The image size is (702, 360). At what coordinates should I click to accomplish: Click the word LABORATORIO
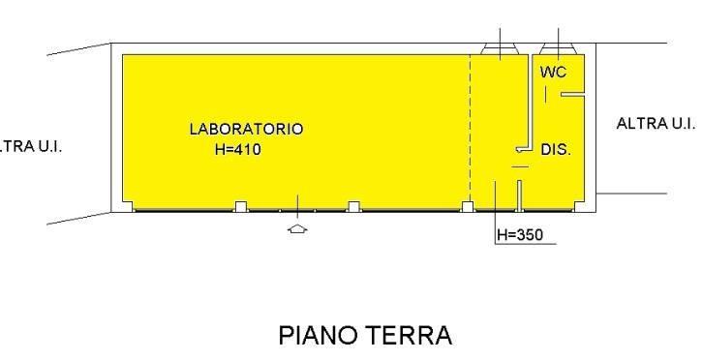246,129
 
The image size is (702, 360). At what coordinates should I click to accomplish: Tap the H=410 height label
237,149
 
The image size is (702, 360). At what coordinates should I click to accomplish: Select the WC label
553,72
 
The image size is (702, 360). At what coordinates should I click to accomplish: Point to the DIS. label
556,149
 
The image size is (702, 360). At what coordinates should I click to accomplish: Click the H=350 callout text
520,235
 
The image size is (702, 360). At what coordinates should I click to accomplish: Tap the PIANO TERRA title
365,336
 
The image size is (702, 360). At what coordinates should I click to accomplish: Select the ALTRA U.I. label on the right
656,124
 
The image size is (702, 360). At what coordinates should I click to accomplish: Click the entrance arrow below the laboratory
297,229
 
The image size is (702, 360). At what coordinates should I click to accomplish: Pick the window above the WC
558,48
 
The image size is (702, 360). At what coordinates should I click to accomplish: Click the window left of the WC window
500,48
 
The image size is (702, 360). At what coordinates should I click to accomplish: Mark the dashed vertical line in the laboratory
470,129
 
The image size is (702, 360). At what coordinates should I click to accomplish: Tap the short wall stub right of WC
572,95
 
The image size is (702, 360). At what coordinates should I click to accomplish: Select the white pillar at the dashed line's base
468,206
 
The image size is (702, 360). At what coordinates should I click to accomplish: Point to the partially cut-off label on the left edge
30,147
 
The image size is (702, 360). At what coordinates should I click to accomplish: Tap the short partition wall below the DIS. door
519,195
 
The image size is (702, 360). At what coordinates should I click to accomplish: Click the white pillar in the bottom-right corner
579,206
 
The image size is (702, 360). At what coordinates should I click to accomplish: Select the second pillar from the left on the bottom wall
241,206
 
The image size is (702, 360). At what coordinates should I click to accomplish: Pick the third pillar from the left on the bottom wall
354,206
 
